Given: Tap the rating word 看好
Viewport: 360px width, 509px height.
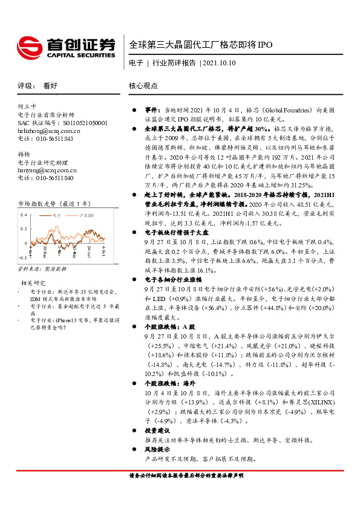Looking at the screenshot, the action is [x=50, y=86].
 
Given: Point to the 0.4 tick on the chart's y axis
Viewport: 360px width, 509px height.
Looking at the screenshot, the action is [x=24, y=215].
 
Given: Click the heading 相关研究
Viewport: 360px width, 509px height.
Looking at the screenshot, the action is [x=34, y=282].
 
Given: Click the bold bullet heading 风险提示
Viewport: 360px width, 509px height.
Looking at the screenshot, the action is [x=156, y=450].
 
